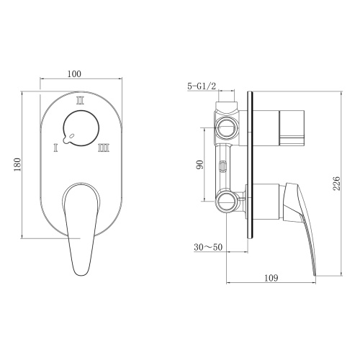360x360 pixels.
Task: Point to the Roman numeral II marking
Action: [x=81, y=102]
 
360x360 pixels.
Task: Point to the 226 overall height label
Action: [x=336, y=184]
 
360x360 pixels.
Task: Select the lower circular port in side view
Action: [x=228, y=200]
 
